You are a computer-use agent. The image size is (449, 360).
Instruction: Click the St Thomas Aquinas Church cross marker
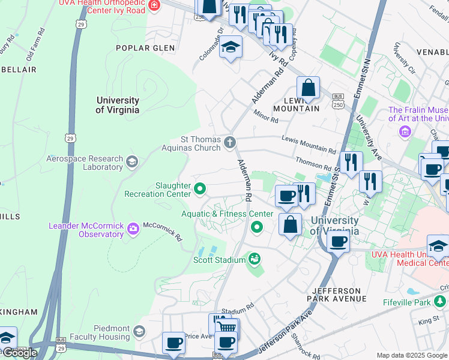[x=229, y=142]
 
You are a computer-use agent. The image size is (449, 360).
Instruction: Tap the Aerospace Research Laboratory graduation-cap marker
[x=132, y=161]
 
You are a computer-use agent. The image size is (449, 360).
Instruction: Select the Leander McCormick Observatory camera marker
[x=132, y=227]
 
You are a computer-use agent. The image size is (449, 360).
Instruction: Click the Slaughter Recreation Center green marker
[x=199, y=190]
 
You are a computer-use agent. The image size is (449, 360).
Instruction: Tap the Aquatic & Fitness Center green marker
[x=257, y=227]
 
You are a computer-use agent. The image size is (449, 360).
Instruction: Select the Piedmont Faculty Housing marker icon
[x=139, y=332]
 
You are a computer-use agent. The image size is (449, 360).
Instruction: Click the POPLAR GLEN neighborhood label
[x=145, y=48]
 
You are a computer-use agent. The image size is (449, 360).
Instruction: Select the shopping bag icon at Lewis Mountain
[x=308, y=88]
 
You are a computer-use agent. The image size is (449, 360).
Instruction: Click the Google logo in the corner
[x=19, y=353]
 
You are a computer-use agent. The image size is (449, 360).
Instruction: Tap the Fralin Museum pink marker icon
[x=405, y=131]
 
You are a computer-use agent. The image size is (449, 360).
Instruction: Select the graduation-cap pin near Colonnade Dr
[x=229, y=47]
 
